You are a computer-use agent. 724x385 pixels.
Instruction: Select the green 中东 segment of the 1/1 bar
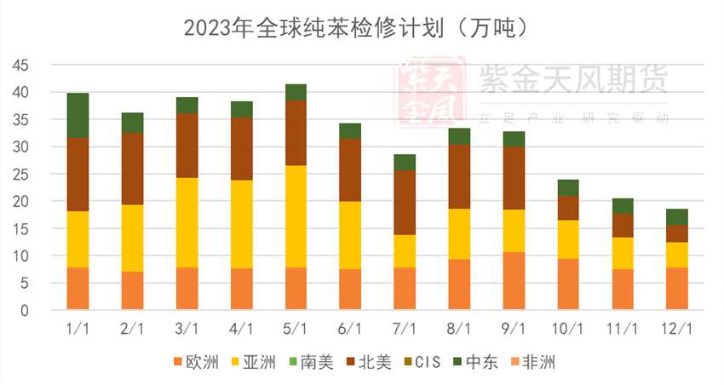click(x=78, y=115)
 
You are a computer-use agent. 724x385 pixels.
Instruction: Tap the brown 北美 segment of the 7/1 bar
click(x=405, y=203)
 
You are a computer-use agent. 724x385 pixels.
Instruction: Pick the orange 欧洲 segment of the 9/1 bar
click(x=514, y=280)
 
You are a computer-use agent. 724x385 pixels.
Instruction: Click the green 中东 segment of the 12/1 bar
click(x=677, y=216)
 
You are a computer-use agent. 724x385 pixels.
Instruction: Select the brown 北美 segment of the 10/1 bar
click(x=568, y=207)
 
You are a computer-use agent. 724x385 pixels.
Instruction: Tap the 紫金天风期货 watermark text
click(x=572, y=81)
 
